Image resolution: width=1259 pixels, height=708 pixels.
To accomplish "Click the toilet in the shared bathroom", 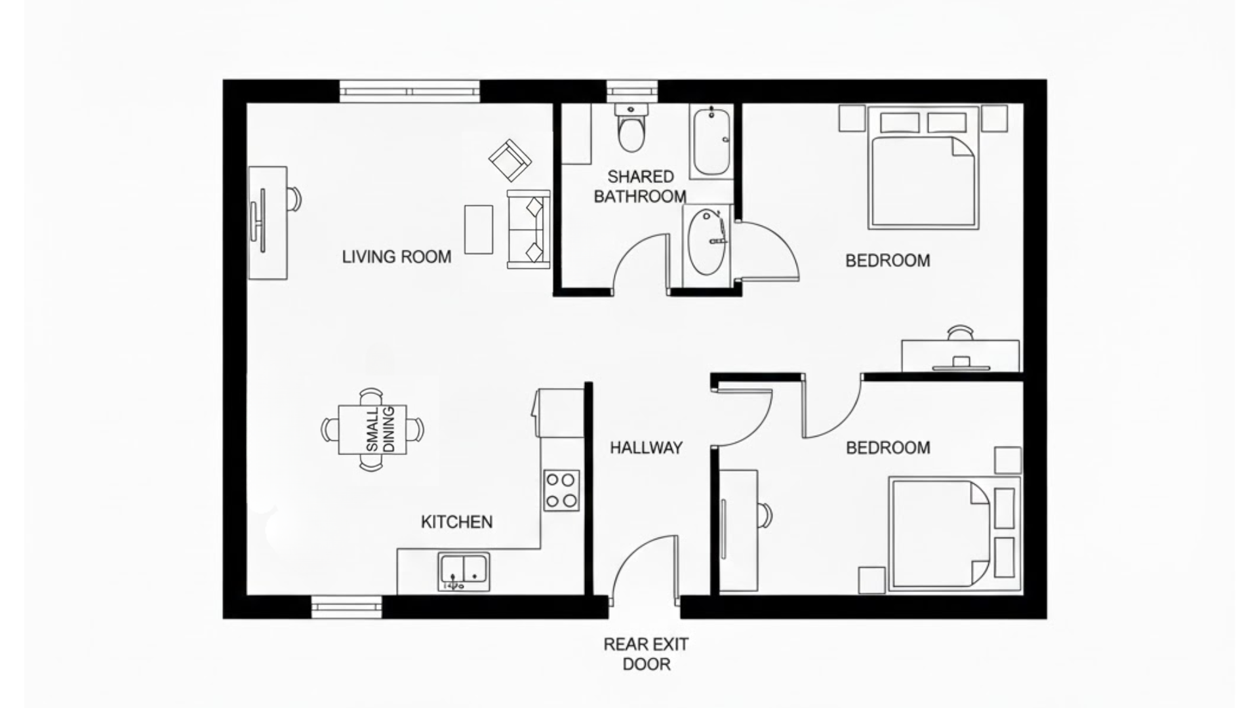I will click(x=631, y=129).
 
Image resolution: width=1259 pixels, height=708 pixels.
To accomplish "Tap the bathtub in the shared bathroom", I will click(x=711, y=142).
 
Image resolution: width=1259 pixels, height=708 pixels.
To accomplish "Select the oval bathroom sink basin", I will click(x=706, y=242).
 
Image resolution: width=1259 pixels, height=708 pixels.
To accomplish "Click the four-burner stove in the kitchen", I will click(x=561, y=490).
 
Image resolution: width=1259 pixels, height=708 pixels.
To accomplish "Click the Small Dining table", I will click(x=372, y=429).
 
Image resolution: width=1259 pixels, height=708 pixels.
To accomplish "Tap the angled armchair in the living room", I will click(x=510, y=161).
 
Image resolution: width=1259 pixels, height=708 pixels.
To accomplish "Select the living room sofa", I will click(x=528, y=228).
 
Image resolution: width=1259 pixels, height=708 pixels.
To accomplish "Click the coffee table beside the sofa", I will click(x=478, y=229).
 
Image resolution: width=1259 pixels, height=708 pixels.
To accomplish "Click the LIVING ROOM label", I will click(x=397, y=257).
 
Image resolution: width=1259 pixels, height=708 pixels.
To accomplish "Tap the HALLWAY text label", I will click(x=646, y=448).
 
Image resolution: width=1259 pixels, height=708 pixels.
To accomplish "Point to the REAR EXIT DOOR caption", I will click(x=646, y=654).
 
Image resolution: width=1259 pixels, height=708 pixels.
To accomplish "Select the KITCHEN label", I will click(x=456, y=522).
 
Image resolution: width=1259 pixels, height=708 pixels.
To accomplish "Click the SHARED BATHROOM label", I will click(x=640, y=186).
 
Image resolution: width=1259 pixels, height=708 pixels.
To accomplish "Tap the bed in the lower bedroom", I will click(x=939, y=533).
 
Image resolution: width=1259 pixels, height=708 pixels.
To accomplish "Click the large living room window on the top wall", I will click(x=409, y=90).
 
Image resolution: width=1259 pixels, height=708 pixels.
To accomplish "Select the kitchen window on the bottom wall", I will click(x=346, y=606).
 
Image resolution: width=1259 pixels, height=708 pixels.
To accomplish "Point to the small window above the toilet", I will click(x=631, y=90).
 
